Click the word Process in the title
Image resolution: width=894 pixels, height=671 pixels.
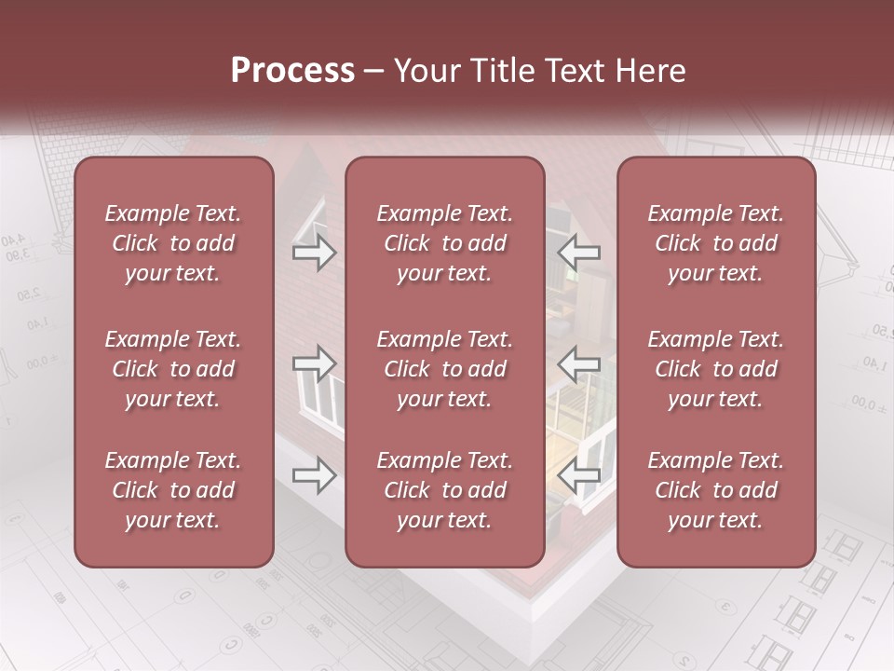pos(292,70)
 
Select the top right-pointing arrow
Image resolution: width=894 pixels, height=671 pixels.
pos(314,253)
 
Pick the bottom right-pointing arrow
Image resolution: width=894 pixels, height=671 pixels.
pos(314,475)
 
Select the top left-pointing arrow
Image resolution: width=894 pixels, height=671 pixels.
pos(579,253)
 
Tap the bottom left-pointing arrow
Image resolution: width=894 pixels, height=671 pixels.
pos(579,475)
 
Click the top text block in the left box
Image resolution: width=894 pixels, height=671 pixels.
pos(173,243)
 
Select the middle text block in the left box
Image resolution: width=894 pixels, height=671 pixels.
pos(173,369)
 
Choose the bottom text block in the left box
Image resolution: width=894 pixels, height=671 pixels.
pos(173,490)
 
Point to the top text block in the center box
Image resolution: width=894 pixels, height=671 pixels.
pos(444,243)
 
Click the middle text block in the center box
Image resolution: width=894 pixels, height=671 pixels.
pos(444,369)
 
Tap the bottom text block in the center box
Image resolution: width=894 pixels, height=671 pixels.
pos(444,490)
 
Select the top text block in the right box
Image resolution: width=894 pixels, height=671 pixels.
pos(716,243)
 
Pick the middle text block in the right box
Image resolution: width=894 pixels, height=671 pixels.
pos(716,369)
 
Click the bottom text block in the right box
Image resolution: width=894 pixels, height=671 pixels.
pos(716,490)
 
